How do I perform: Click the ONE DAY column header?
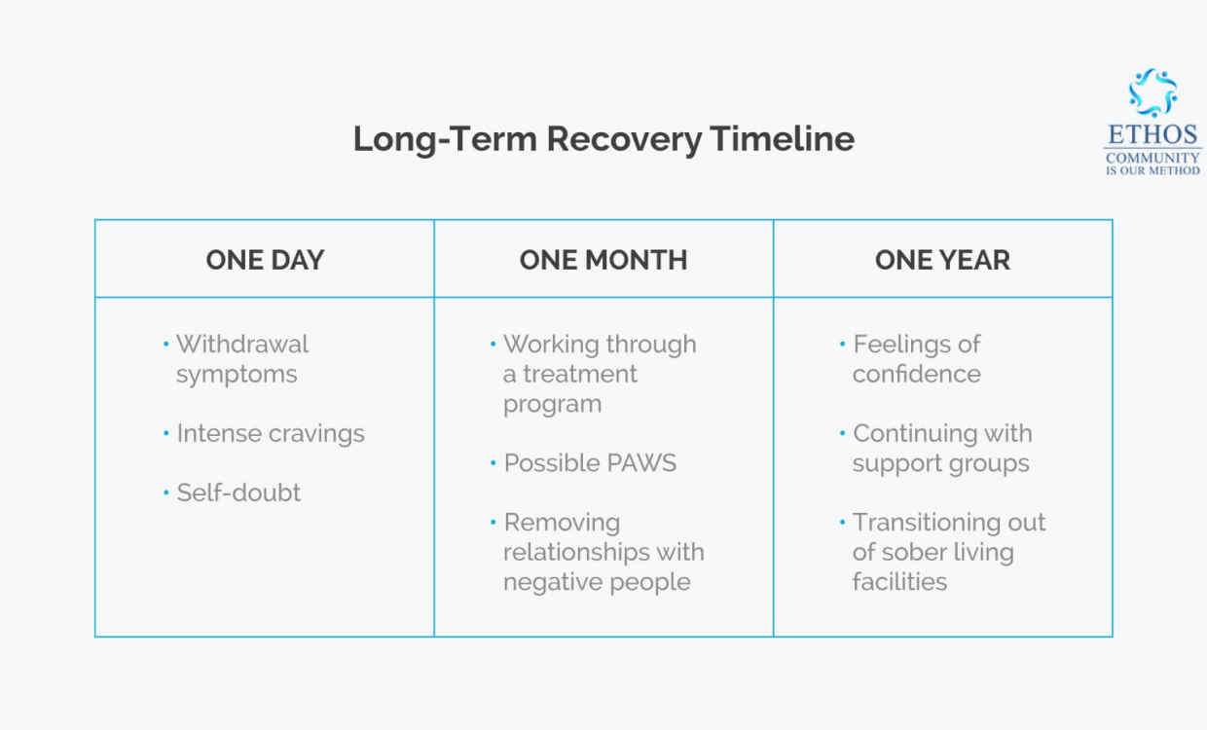pyautogui.click(x=265, y=260)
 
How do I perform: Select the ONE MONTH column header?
pyautogui.click(x=603, y=260)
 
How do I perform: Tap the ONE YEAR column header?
pyautogui.click(x=942, y=260)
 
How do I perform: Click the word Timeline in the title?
pyautogui.click(x=782, y=139)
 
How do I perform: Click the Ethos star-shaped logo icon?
pyautogui.click(x=1153, y=93)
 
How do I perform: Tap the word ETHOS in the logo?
pyautogui.click(x=1152, y=134)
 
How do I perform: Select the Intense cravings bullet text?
pyautogui.click(x=271, y=434)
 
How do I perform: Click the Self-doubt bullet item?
pyautogui.click(x=238, y=493)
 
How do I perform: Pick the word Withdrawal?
pyautogui.click(x=242, y=345)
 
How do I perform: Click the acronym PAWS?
pyautogui.click(x=639, y=463)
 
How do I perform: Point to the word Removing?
pyautogui.click(x=562, y=523)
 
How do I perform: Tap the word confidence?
pyautogui.click(x=917, y=375)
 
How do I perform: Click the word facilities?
pyautogui.click(x=899, y=582)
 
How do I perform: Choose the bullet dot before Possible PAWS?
pyautogui.click(x=494, y=462)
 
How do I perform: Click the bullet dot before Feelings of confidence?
pyautogui.click(x=843, y=344)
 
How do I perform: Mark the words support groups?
pyautogui.click(x=941, y=464)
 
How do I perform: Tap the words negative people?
pyautogui.click(x=597, y=582)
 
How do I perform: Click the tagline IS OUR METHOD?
pyautogui.click(x=1152, y=170)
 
